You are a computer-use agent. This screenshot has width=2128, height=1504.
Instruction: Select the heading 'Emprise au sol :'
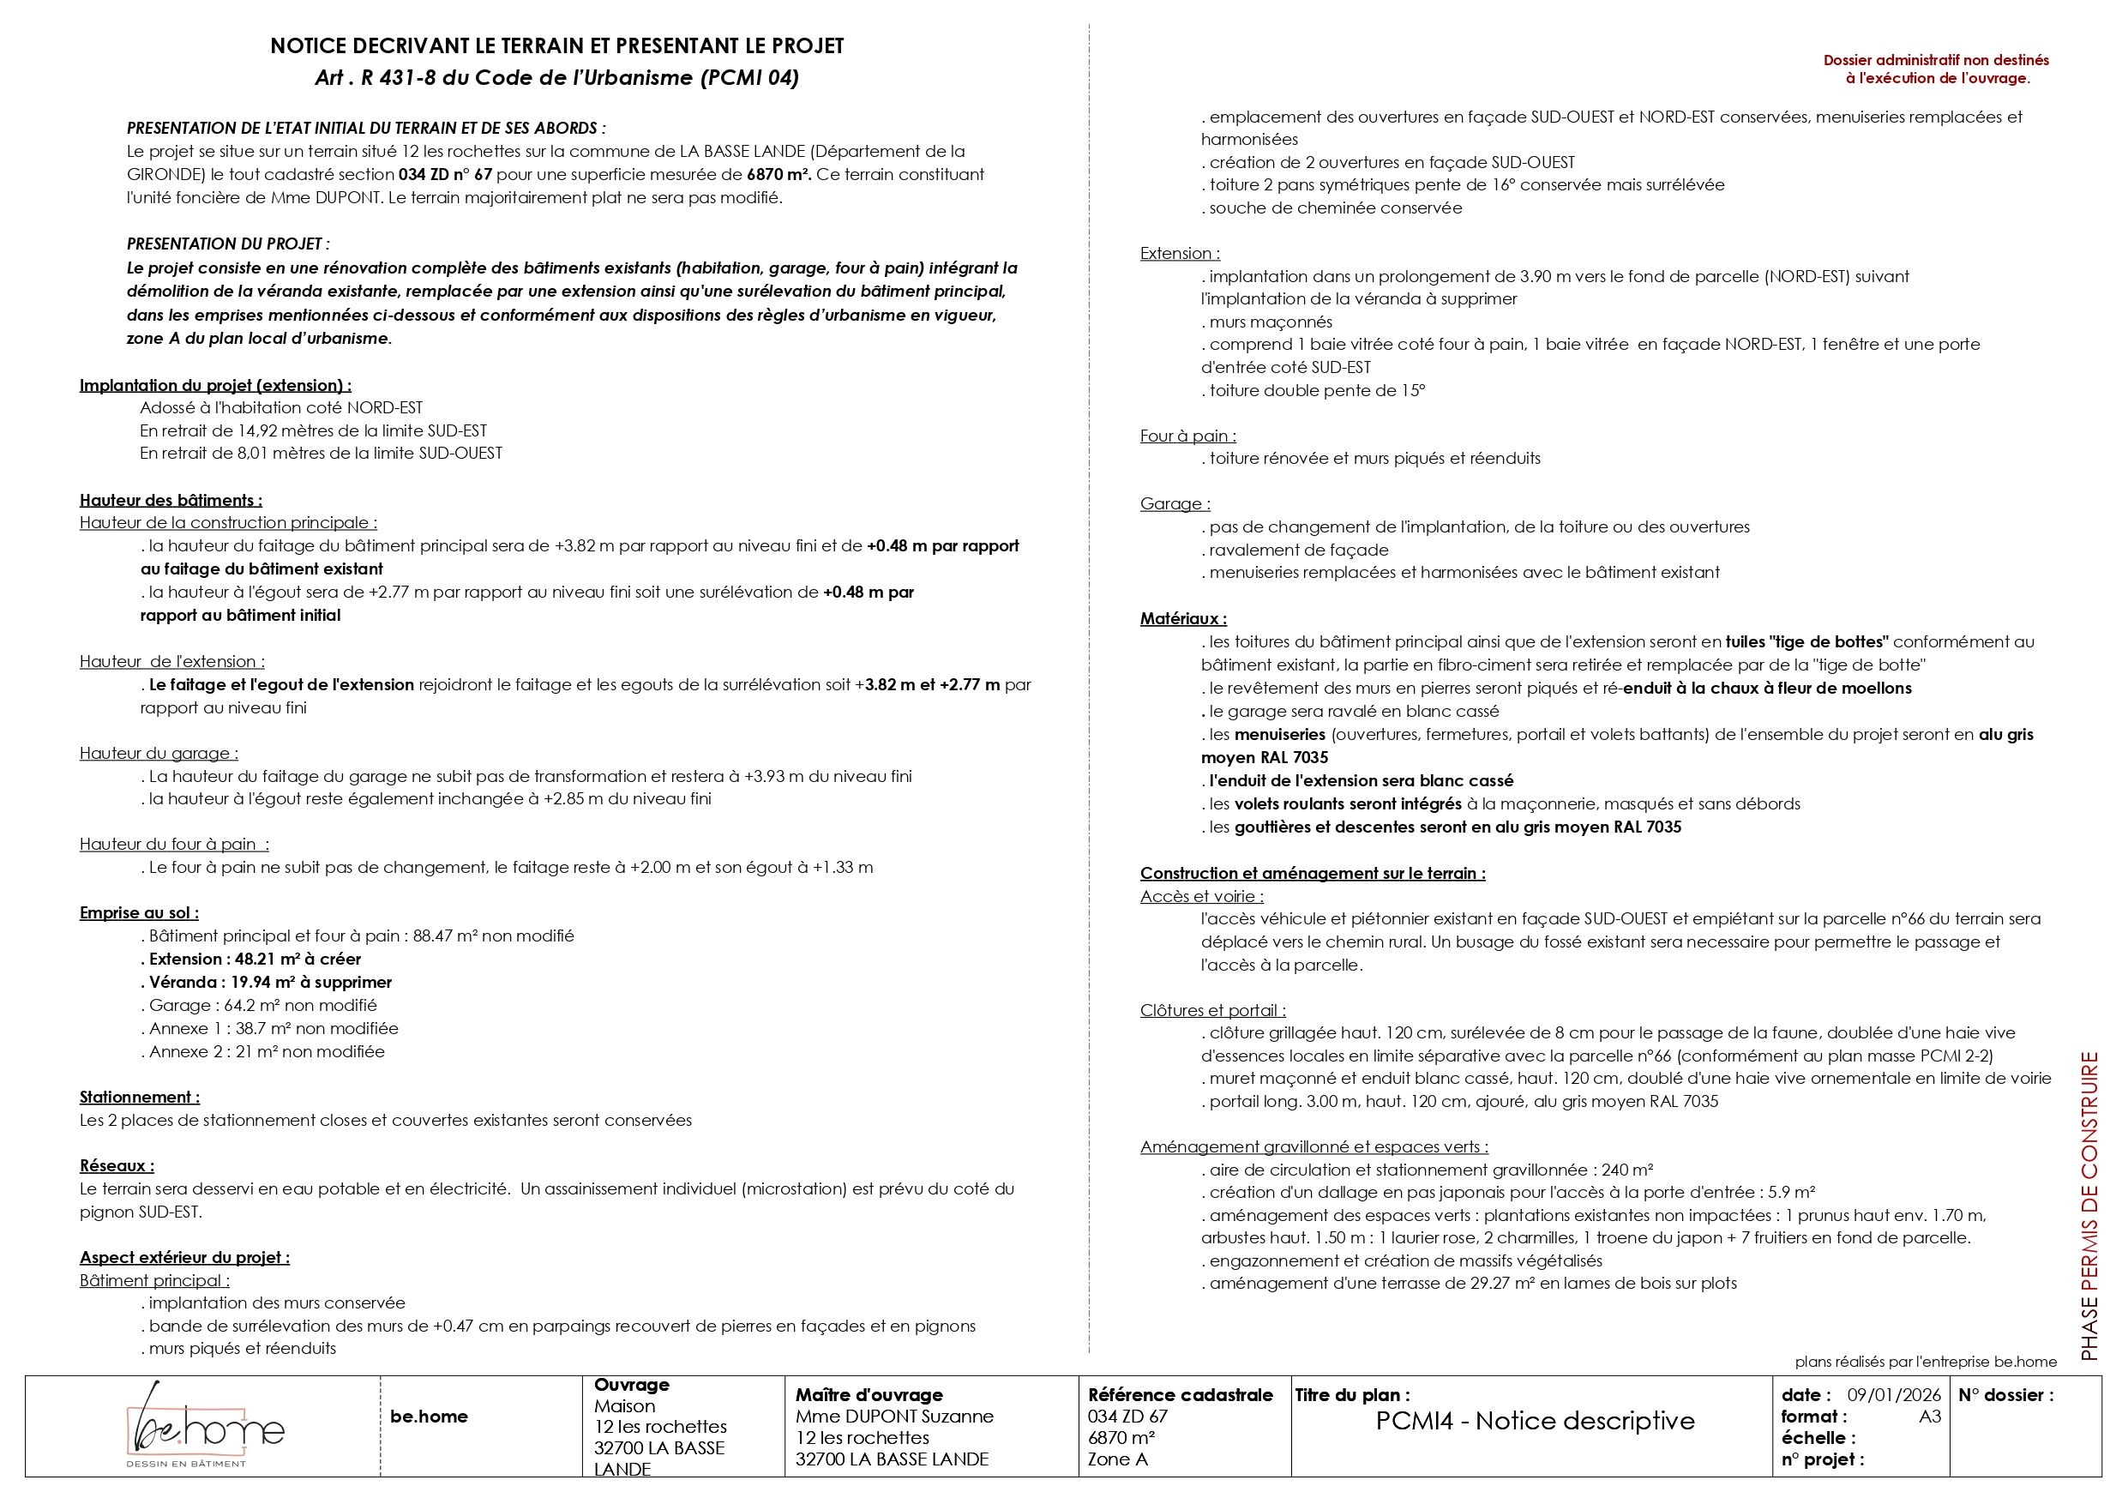point(139,913)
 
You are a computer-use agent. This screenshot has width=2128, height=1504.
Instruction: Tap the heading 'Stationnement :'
point(140,1098)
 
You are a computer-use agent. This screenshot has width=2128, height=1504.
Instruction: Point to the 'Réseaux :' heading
point(117,1166)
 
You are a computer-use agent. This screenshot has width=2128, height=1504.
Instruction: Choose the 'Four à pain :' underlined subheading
point(1187,436)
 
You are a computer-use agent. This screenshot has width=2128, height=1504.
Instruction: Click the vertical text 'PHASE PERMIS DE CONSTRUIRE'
point(2089,1205)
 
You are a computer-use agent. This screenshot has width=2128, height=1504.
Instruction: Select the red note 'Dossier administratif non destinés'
point(1936,60)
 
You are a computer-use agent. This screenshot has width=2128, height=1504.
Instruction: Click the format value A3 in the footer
point(1930,1416)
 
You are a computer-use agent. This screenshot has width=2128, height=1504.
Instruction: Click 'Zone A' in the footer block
point(1117,1459)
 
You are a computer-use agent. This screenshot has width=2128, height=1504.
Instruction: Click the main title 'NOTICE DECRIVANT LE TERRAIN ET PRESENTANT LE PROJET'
point(557,45)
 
